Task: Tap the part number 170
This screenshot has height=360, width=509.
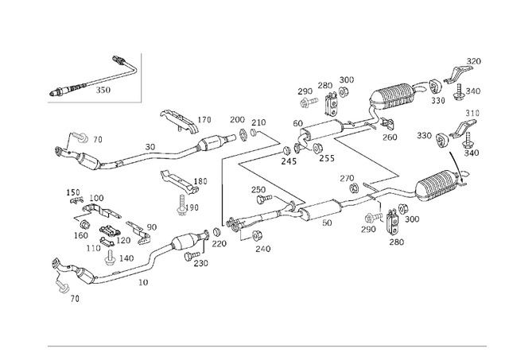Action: pos(204,121)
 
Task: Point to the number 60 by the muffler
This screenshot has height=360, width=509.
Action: pos(297,123)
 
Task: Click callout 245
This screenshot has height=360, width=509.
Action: pos(288,162)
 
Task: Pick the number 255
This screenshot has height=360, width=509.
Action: pos(326,158)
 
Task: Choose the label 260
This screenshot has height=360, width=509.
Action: pos(389,137)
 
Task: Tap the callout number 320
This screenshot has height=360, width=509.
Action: pos(474,61)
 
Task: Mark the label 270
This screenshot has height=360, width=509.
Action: pos(347,179)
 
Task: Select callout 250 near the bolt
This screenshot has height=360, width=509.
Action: pos(258,190)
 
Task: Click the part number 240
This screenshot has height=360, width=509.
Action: pos(263,249)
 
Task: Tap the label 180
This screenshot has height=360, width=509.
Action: pos(200,181)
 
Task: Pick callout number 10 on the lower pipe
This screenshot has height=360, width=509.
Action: pos(144,281)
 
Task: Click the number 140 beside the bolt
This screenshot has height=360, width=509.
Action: pos(126,258)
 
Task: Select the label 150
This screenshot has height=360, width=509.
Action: pos(73,192)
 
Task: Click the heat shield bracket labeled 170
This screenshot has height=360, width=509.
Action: pos(177,119)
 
